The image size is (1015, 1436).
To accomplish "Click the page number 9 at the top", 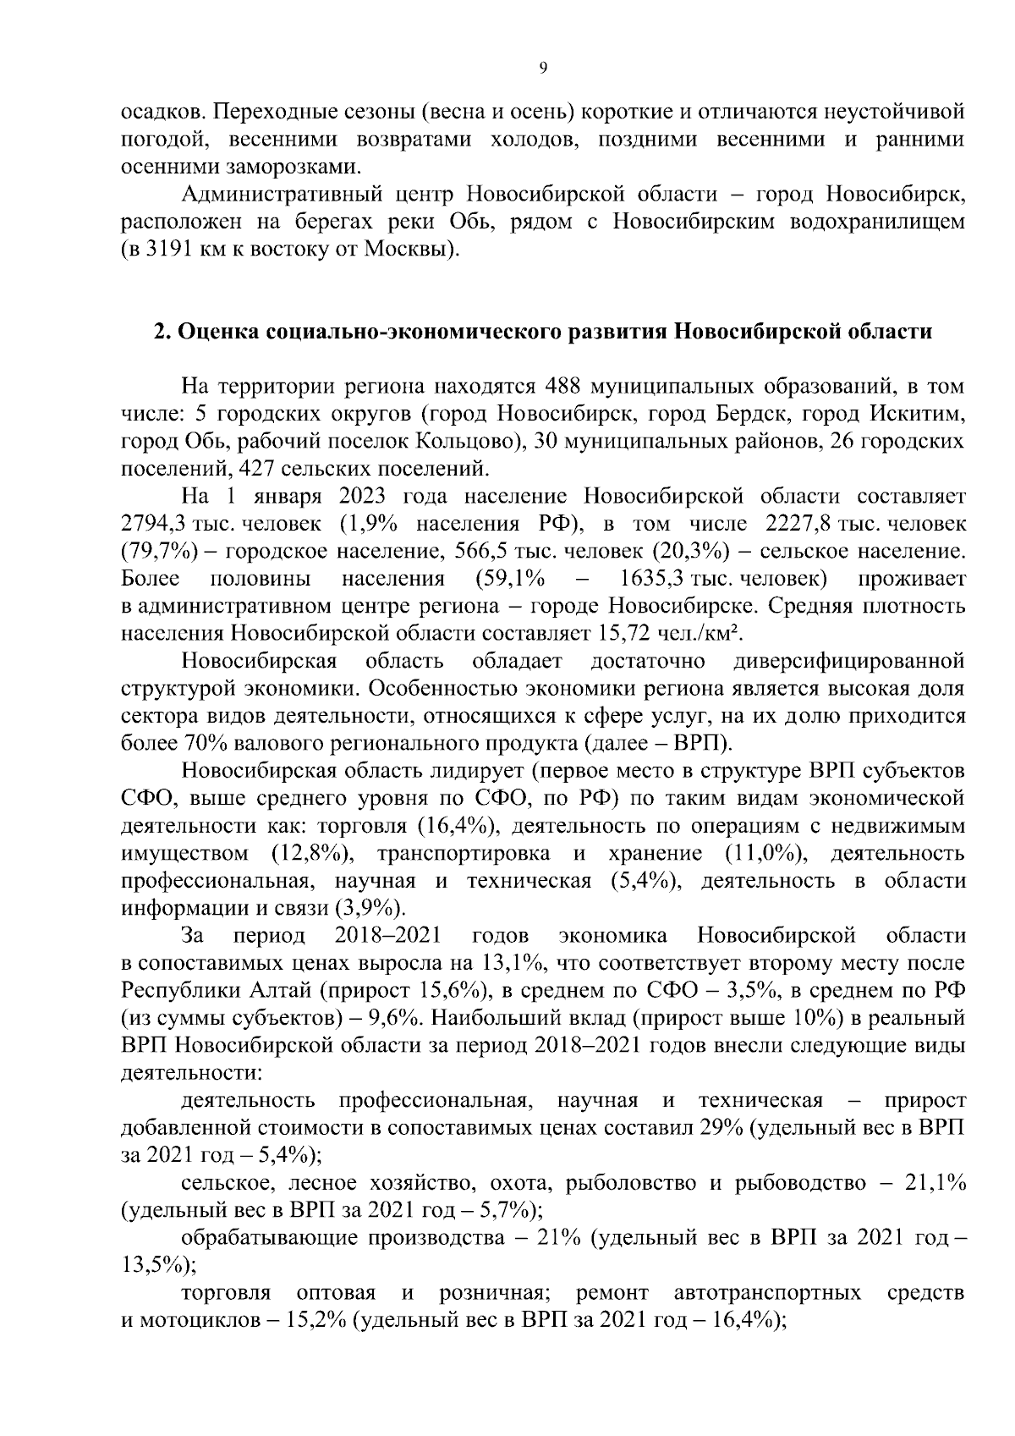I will click(x=542, y=69).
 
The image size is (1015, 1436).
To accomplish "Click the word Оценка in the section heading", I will click(x=219, y=332).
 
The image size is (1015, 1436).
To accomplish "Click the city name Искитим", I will click(x=922, y=415).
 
